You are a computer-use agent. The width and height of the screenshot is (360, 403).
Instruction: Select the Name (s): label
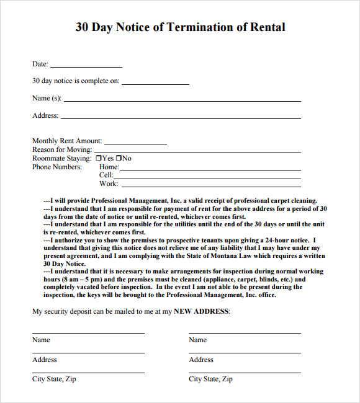(x=47, y=98)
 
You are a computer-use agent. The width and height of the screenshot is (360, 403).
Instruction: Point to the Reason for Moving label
(x=62, y=150)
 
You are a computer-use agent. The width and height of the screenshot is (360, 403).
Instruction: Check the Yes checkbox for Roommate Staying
(x=98, y=159)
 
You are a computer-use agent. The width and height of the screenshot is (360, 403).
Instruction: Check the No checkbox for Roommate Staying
(x=119, y=159)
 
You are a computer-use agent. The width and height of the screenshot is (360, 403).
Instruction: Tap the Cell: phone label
(x=106, y=175)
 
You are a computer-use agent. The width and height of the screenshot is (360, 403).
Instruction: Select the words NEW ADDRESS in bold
(x=201, y=311)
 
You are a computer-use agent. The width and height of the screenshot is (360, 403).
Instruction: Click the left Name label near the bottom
(x=41, y=340)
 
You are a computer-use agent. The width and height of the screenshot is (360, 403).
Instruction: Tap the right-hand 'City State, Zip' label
(x=210, y=379)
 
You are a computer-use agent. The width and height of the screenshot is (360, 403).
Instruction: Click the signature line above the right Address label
(x=245, y=353)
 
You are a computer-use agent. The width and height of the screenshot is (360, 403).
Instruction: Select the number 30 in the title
(x=83, y=27)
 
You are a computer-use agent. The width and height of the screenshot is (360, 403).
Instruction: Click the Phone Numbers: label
(x=57, y=167)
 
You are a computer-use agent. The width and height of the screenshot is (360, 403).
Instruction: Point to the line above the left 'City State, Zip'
(x=88, y=373)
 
